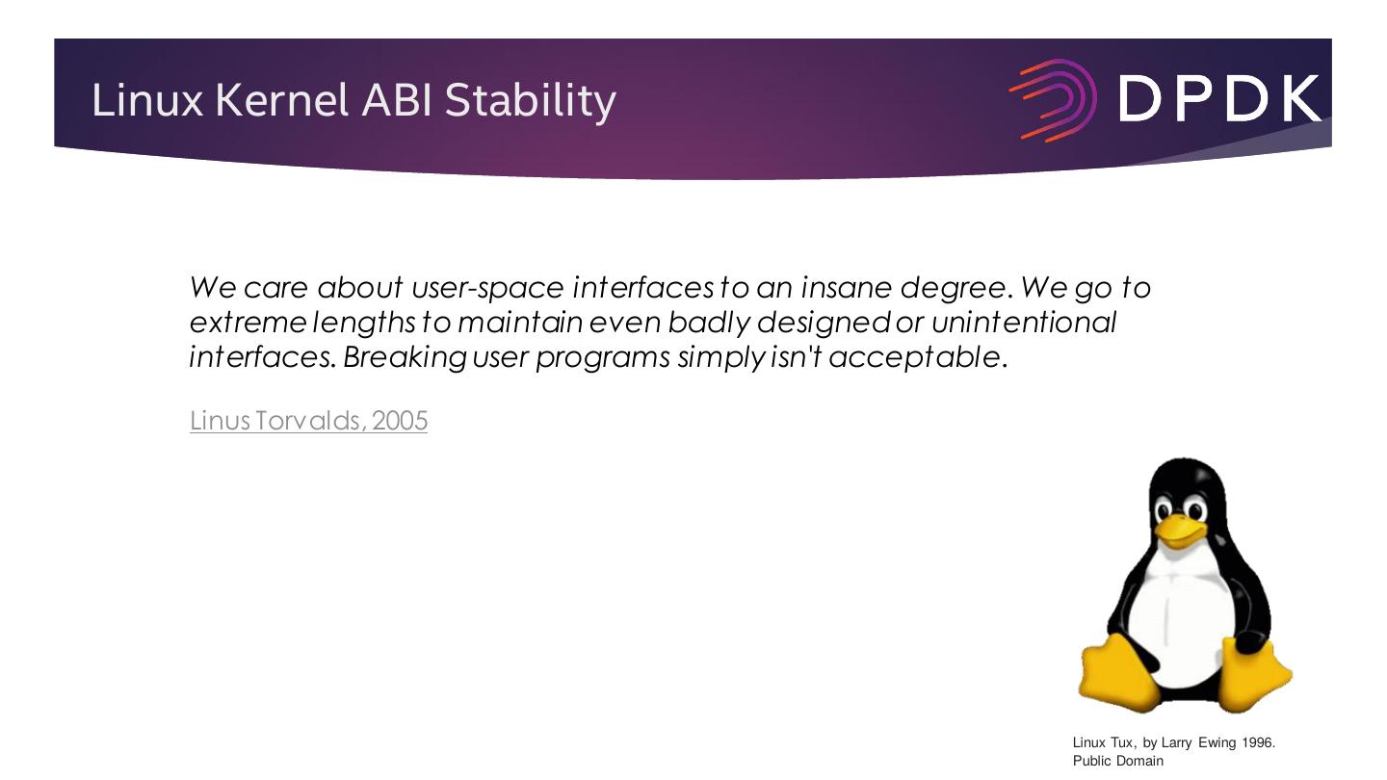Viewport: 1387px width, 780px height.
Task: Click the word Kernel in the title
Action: (x=281, y=100)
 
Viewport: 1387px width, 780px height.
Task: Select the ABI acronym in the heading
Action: (x=396, y=100)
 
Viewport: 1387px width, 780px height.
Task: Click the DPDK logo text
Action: (x=1219, y=99)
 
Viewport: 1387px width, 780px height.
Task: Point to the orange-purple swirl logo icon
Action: (x=1053, y=100)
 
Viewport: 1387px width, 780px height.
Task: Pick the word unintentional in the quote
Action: (x=1024, y=323)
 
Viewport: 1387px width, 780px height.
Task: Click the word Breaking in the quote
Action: (x=405, y=358)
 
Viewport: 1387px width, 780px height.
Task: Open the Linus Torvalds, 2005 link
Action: (x=308, y=421)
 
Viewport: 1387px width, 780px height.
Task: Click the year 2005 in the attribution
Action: (x=400, y=421)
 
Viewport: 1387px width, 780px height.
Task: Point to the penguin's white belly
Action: (x=1180, y=619)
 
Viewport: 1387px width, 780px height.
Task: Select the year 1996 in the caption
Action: (x=1257, y=742)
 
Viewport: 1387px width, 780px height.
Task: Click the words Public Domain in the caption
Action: (x=1118, y=761)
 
